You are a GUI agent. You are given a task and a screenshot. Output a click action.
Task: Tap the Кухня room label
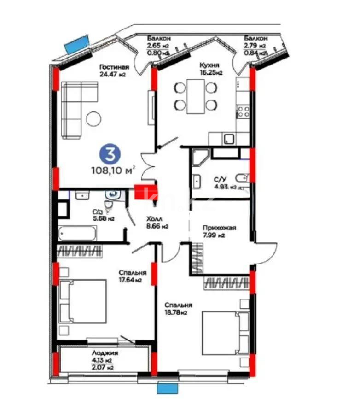(x=209, y=65)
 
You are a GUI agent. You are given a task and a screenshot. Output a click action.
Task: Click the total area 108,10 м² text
(x=113, y=170)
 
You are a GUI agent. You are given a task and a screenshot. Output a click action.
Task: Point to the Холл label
(x=153, y=220)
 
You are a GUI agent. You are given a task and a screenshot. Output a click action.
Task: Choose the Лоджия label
(x=105, y=353)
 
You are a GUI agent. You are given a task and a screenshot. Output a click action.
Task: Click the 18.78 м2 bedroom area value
(x=177, y=313)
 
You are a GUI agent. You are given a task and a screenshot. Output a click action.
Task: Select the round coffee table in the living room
(x=93, y=119)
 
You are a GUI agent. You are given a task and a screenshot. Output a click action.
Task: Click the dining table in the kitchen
(x=196, y=96)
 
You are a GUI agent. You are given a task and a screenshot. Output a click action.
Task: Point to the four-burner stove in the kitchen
(x=243, y=111)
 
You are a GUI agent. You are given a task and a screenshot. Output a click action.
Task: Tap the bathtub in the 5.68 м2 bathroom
(x=77, y=233)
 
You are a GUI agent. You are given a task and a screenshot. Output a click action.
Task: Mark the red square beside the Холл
(x=145, y=192)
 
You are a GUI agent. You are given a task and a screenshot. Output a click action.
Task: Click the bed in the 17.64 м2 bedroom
(x=83, y=301)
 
